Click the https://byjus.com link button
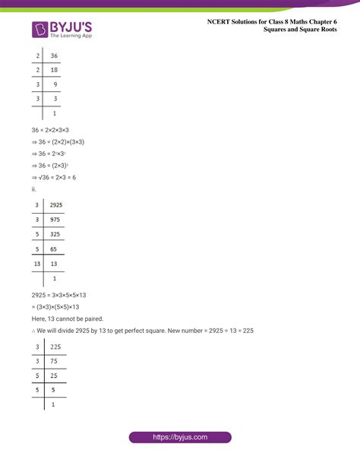pos(180,438)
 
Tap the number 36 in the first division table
pos(54,55)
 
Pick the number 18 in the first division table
pos(54,70)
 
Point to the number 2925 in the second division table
pos(56,205)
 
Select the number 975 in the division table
pos(55,219)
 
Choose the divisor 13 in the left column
pos(37,263)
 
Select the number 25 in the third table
pos(54,376)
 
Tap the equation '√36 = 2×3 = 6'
pos(58,177)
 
